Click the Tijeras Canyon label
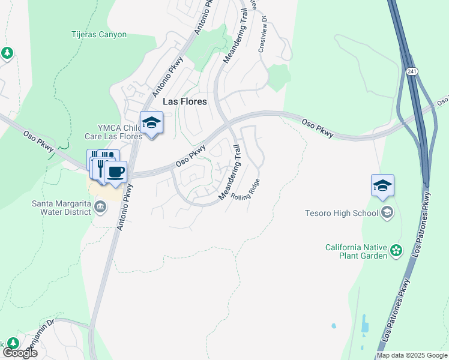pyautogui.click(x=99, y=35)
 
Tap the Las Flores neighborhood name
pyautogui.click(x=185, y=102)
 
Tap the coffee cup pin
pyautogui.click(x=115, y=172)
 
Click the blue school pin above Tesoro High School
pyautogui.click(x=382, y=185)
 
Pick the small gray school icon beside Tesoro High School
pyautogui.click(x=387, y=212)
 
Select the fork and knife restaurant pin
pyautogui.click(x=102, y=164)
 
